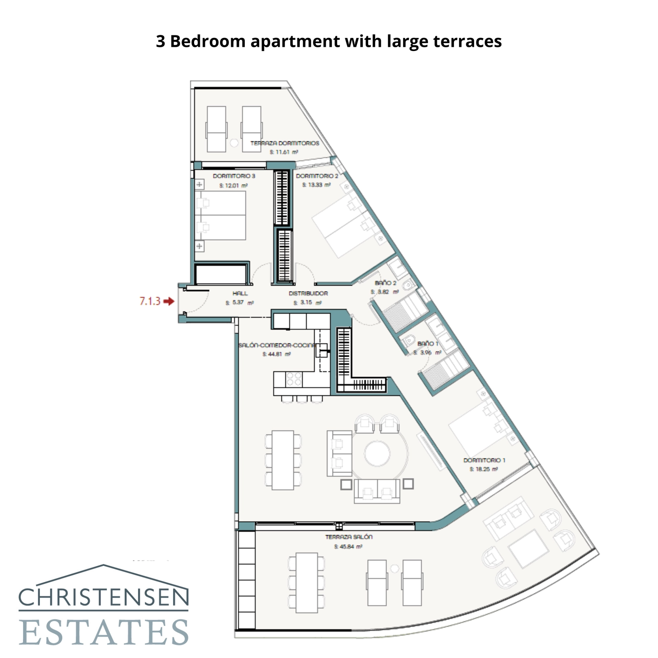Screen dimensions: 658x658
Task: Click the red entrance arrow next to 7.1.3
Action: [169, 301]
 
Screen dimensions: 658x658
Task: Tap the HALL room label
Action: [240, 293]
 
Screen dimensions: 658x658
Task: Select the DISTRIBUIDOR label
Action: [308, 293]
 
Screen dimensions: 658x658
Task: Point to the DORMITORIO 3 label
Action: [234, 176]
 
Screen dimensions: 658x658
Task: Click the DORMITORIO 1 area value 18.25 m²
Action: [484, 469]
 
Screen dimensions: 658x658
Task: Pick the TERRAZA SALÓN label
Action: [348, 537]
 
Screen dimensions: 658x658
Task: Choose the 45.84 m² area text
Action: [348, 547]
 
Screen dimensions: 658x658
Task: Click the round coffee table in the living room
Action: [377, 454]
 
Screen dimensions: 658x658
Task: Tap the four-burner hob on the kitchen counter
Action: [294, 379]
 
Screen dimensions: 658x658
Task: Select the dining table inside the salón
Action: [283, 460]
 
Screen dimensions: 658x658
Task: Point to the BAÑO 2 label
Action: [385, 283]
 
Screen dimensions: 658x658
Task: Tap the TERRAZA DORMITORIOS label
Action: [285, 143]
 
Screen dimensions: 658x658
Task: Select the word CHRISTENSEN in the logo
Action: [103, 597]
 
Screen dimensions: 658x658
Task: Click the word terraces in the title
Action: [467, 42]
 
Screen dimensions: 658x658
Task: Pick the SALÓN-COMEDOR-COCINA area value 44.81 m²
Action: [277, 354]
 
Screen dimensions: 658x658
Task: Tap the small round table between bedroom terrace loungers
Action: [234, 143]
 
